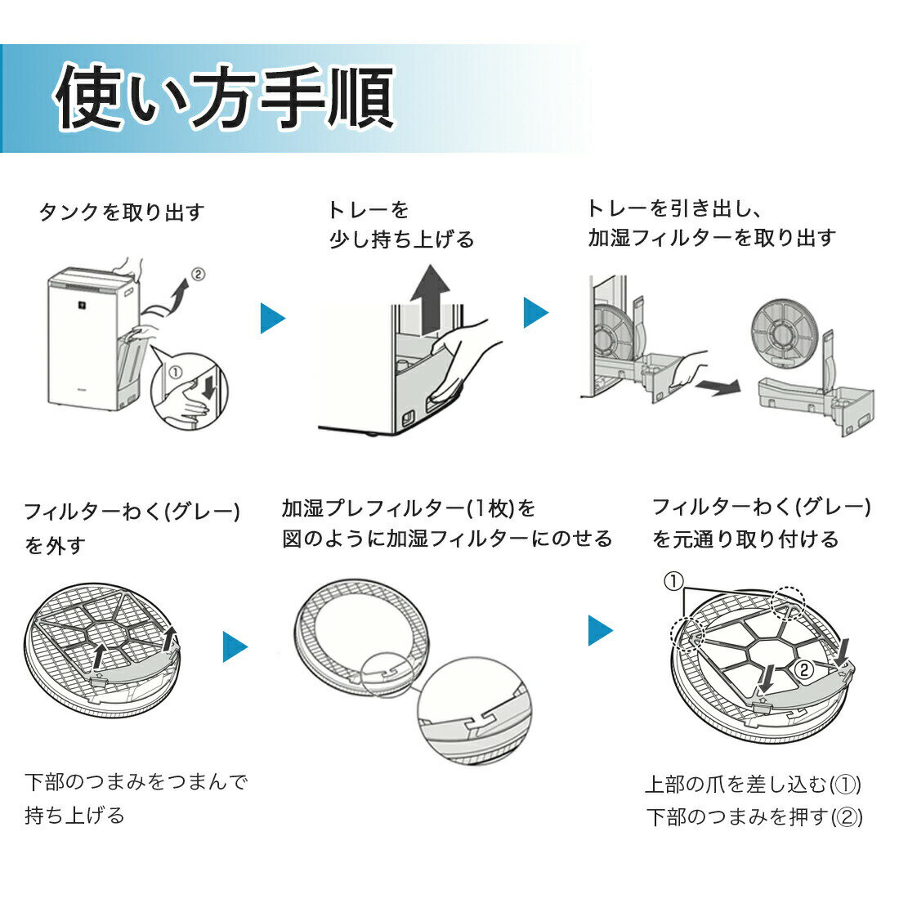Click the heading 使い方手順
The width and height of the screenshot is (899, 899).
(x=224, y=96)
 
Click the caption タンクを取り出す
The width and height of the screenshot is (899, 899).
(x=122, y=212)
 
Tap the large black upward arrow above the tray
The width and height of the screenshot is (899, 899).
(x=431, y=299)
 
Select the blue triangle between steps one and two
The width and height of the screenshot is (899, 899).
(x=272, y=318)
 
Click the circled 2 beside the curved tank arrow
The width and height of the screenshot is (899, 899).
(x=198, y=274)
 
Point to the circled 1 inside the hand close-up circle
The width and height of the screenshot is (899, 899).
(x=175, y=372)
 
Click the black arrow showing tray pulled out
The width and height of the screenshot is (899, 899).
(x=718, y=387)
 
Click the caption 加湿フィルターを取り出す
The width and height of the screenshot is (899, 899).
(x=712, y=237)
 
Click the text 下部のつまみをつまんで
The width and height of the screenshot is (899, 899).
(x=136, y=781)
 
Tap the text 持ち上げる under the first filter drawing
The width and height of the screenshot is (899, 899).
(x=74, y=815)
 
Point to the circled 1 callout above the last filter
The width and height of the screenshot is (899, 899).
(x=673, y=581)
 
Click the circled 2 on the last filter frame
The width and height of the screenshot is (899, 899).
(x=804, y=669)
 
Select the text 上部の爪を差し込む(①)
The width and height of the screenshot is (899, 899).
(x=753, y=784)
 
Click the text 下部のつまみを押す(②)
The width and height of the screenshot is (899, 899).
(x=754, y=816)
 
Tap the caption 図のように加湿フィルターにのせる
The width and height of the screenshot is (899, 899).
(x=447, y=539)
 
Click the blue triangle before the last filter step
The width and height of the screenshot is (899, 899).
(x=601, y=630)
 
